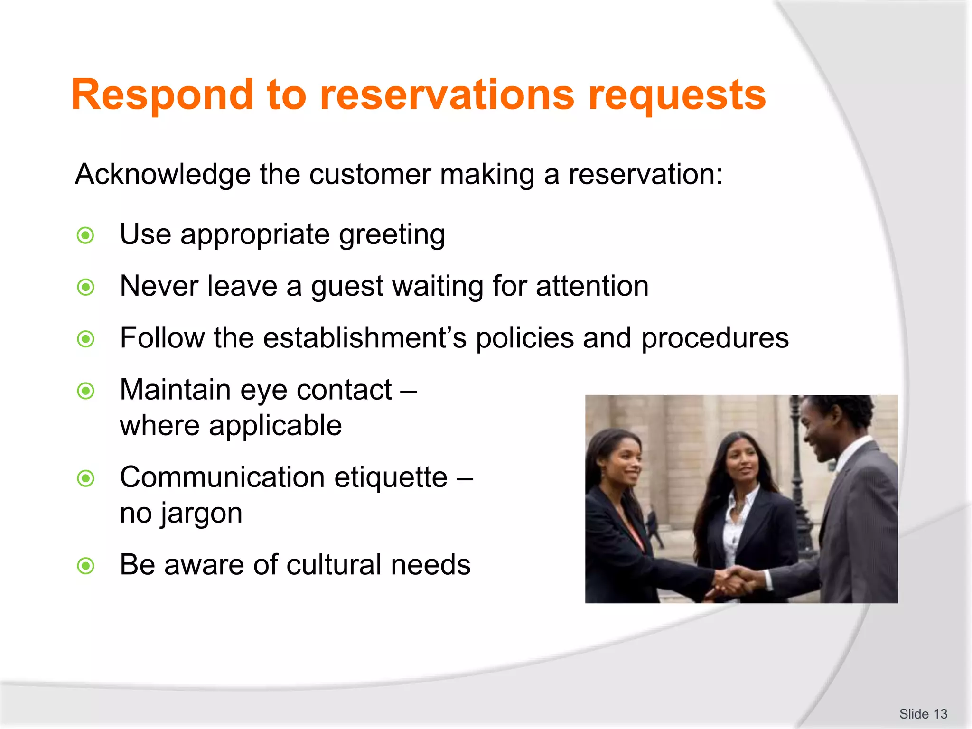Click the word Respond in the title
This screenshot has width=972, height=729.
[162, 95]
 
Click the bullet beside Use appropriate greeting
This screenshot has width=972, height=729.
[86, 235]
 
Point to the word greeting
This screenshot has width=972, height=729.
[392, 235]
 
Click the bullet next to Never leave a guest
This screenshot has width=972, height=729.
[86, 287]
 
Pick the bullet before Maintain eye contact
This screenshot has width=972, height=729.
[86, 391]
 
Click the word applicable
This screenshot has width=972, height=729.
[275, 426]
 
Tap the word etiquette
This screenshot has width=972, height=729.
[391, 477]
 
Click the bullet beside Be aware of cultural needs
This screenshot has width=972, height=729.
[86, 566]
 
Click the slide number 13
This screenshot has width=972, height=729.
[940, 714]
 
